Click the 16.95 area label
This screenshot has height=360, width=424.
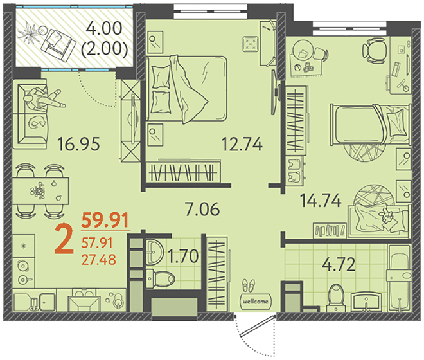pyautogui.click(x=78, y=144)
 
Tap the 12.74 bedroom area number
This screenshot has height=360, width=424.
pyautogui.click(x=242, y=144)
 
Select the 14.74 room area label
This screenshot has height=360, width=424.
pyautogui.click(x=321, y=201)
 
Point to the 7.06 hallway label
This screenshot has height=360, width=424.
pyautogui.click(x=202, y=209)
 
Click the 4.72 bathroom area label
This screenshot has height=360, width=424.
pyautogui.click(x=339, y=264)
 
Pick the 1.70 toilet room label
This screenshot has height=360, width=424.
pyautogui.click(x=183, y=256)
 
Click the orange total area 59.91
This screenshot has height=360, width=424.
pyautogui.click(x=105, y=220)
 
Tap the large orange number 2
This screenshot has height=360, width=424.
pyautogui.click(x=64, y=240)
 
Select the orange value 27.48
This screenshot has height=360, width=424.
pyautogui.click(x=99, y=259)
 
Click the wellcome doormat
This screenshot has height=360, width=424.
pyautogui.click(x=256, y=301)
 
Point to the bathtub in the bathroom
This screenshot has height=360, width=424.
pyautogui.click(x=400, y=278)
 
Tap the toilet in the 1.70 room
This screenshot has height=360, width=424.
pyautogui.click(x=160, y=278)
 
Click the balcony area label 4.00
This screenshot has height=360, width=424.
pyautogui.click(x=104, y=28)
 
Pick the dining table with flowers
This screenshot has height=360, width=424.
pyautogui.click(x=40, y=191)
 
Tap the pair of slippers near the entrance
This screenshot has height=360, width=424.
pyautogui.click(x=248, y=285)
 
